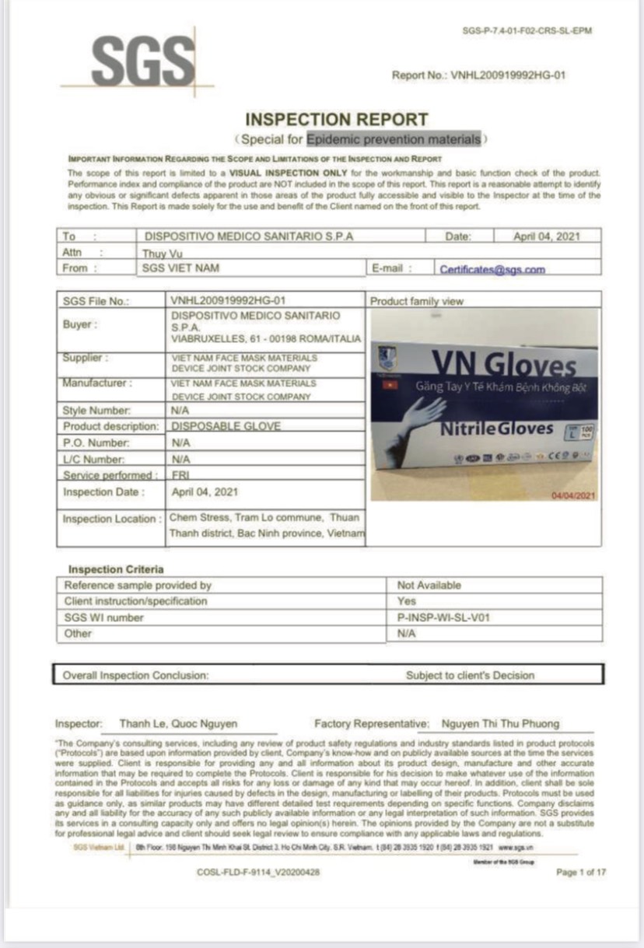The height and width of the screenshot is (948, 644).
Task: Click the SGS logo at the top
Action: tap(143, 61)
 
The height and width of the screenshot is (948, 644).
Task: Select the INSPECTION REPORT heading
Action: tap(336, 120)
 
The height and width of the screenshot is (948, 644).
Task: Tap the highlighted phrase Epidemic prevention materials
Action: tap(394, 139)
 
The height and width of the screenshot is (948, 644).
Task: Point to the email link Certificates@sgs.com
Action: tap(492, 270)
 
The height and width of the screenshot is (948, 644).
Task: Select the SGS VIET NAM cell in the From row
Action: tap(181, 268)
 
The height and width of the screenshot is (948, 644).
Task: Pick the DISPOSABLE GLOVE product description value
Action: tap(226, 426)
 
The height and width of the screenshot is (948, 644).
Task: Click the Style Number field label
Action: tap(96, 410)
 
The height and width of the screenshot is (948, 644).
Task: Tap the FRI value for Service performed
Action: tap(180, 474)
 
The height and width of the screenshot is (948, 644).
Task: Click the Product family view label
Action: tap(415, 301)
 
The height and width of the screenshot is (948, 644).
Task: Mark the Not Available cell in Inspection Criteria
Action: tap(429, 585)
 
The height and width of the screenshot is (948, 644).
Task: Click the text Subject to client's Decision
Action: tap(470, 676)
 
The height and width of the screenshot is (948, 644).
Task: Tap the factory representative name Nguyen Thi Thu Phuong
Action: tap(499, 723)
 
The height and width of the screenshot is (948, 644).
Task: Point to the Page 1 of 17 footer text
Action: tap(580, 872)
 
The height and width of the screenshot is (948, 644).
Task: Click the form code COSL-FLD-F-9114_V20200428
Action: tap(257, 872)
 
